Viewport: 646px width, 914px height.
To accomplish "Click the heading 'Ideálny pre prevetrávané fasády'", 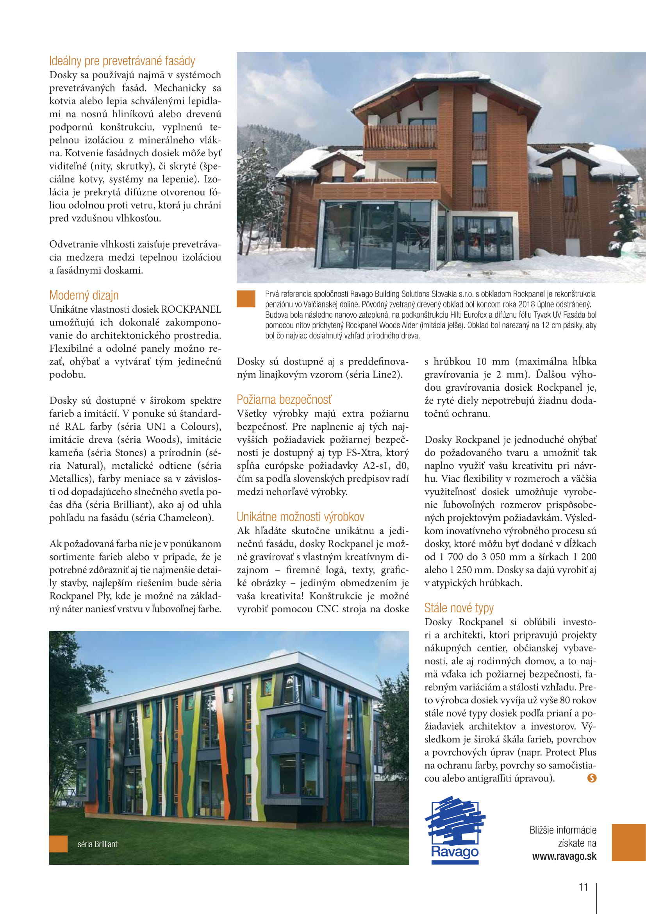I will [122, 61].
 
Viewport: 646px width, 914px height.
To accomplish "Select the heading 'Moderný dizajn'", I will [84, 295].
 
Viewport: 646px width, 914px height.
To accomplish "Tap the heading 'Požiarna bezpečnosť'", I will [284, 399].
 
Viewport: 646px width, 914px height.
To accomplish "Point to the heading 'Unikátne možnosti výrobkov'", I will [300, 517].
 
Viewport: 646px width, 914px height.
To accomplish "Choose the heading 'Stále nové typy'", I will [459, 608].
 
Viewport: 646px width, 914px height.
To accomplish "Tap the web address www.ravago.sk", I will [564, 856].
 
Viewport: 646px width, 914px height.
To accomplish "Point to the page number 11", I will [583, 887].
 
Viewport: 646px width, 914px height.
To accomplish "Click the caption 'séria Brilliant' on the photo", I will [98, 844].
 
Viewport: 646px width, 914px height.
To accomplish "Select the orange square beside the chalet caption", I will [246, 299].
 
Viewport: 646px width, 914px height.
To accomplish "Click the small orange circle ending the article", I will [592, 778].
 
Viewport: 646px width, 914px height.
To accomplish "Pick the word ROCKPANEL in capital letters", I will [191, 309].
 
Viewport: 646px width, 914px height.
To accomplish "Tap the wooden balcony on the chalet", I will [400, 136].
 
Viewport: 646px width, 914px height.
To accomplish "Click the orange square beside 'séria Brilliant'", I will [59, 844].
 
